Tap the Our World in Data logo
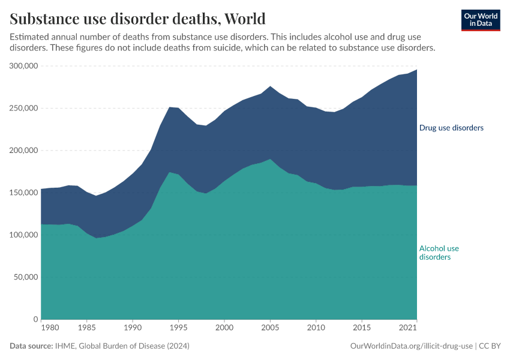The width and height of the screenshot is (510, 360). [481, 20]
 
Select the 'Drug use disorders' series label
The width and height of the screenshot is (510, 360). [451, 128]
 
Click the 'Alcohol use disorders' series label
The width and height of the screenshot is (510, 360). [439, 253]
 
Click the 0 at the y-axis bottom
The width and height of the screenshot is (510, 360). [36, 319]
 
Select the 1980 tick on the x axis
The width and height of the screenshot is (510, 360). [50, 328]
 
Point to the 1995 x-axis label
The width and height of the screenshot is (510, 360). [178, 328]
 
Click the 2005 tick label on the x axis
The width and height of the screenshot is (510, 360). [270, 328]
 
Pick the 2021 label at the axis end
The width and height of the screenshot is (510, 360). [408, 328]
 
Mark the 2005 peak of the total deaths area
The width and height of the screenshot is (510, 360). [270, 86]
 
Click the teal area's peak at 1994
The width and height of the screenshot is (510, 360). [169, 172]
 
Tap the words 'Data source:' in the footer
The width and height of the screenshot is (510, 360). [31, 346]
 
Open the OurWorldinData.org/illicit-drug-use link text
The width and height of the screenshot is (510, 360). [412, 346]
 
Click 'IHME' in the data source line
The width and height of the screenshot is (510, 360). [64, 346]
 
